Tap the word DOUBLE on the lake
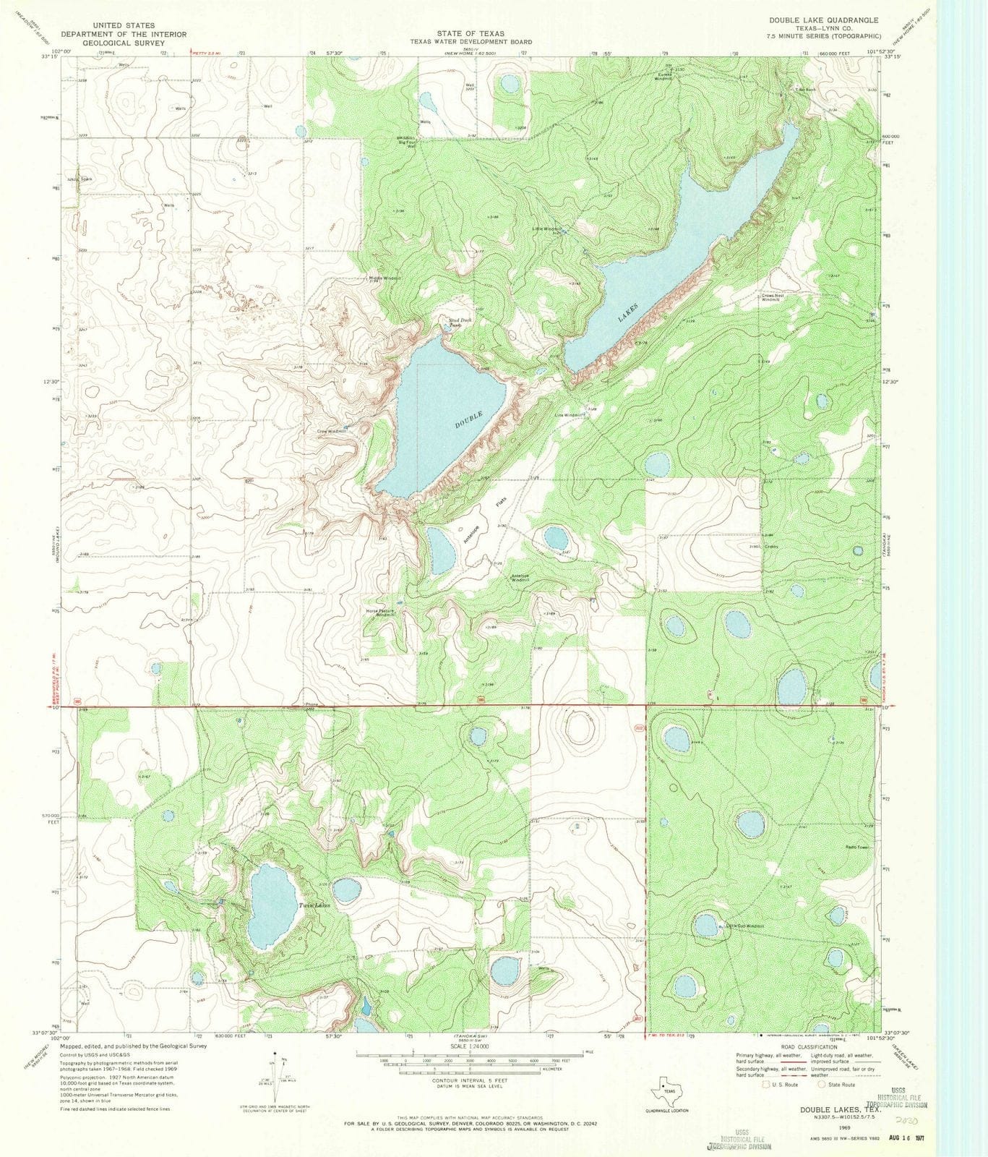click(x=469, y=419)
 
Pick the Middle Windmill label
click(x=385, y=278)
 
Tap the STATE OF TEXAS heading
click(x=471, y=33)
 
